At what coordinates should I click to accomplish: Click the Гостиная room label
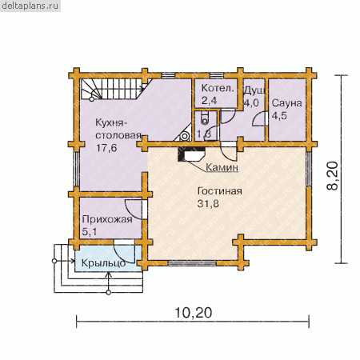pos(220,191)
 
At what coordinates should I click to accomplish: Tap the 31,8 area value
pos(208,204)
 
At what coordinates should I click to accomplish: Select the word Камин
pos(222,167)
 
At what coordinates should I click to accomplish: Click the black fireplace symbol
pos(191,154)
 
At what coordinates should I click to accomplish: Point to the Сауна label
pos(287,103)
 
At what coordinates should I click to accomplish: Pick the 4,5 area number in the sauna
pos(279,116)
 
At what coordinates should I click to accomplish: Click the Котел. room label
pos(218,88)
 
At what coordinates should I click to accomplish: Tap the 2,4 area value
pos(209,101)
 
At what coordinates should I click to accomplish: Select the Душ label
pos(254,90)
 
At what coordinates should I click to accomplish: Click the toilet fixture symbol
pos(205,118)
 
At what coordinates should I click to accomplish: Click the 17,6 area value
pos(106,148)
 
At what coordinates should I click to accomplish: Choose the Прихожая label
pos(107,219)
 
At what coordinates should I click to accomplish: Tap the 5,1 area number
pos(90,232)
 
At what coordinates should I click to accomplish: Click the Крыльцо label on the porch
pos(103,263)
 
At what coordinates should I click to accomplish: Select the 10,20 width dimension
pos(194,313)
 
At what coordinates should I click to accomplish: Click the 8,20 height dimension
pos(333,176)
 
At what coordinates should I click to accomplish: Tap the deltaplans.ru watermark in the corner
pos(30,6)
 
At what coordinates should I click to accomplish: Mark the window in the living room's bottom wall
pos(192,263)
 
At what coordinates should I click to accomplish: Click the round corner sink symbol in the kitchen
pos(185,136)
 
